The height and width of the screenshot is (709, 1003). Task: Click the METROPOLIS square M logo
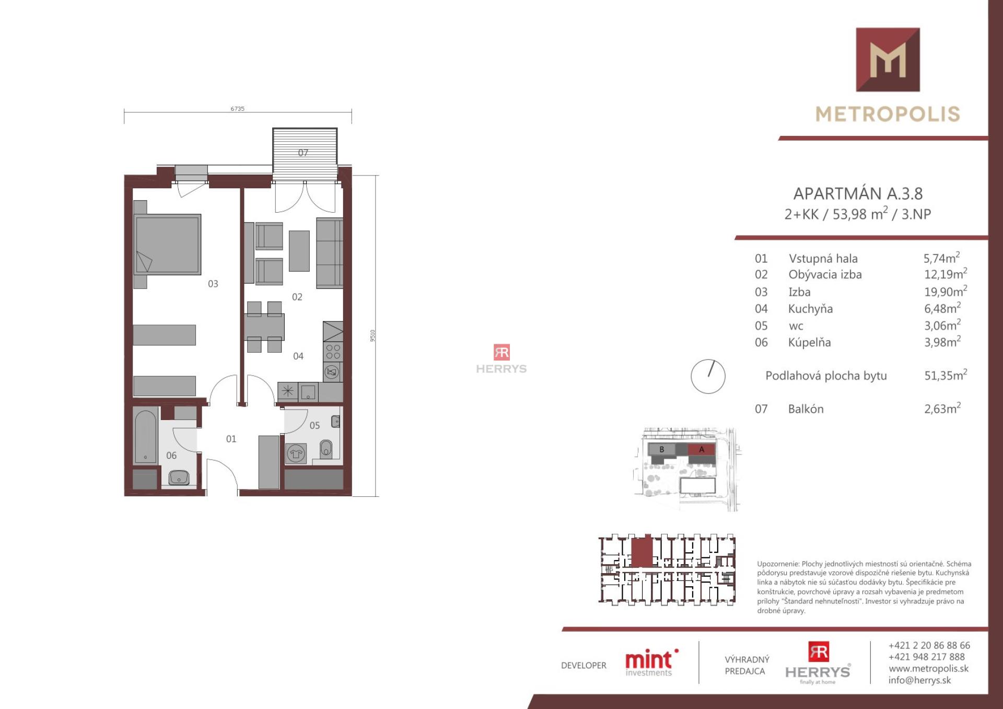click(888, 60)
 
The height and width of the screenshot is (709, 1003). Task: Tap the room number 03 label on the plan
click(213, 284)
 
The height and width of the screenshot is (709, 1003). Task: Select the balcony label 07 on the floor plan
click(303, 153)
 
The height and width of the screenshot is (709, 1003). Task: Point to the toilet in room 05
click(326, 448)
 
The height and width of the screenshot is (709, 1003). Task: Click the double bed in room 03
click(167, 244)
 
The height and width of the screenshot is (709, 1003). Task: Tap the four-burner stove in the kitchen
click(333, 352)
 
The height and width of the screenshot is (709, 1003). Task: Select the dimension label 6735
click(237, 109)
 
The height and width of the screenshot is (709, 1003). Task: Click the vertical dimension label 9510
click(372, 335)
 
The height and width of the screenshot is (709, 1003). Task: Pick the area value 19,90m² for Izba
click(946, 291)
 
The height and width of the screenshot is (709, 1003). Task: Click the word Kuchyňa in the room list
click(810, 309)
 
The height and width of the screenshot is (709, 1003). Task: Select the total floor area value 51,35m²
click(946, 375)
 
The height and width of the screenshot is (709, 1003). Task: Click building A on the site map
click(702, 449)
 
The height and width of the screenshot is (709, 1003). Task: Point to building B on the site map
click(661, 449)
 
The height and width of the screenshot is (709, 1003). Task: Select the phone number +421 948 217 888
click(926, 657)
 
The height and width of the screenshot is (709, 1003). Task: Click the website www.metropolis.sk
click(928, 669)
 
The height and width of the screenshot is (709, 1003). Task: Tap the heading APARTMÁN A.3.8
click(858, 194)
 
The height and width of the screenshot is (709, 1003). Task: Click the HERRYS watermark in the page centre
click(501, 359)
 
